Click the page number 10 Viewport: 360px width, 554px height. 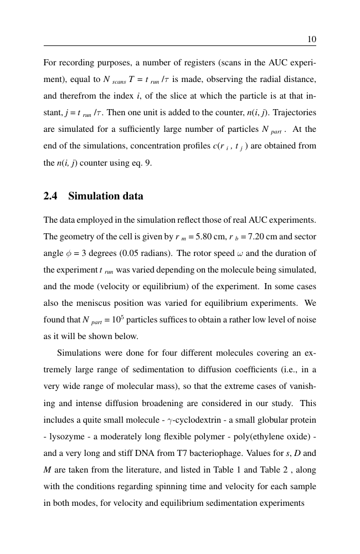tap(311, 39)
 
